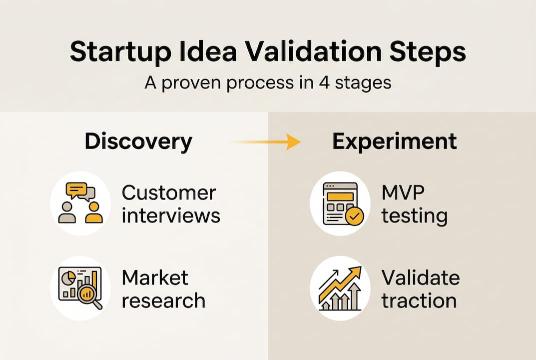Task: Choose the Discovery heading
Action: pos(138,141)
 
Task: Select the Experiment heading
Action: pos(394,141)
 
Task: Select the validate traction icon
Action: pos(340,288)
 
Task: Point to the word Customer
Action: pos(169,192)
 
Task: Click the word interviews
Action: pos(171,215)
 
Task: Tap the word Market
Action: pos(155,277)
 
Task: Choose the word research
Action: pos(163,300)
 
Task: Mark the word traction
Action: pos(419,300)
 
